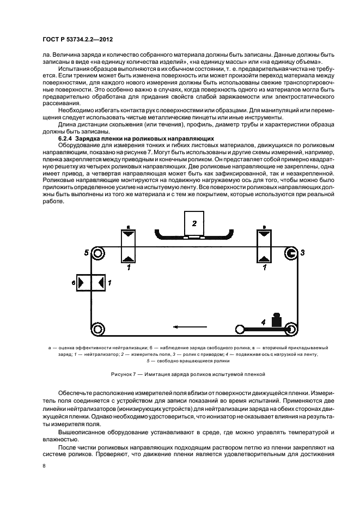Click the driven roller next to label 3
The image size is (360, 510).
click(x=291, y=253)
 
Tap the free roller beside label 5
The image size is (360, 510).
click(x=98, y=253)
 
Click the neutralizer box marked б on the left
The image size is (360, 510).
click(x=91, y=282)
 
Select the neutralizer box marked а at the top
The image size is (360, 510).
click(x=128, y=246)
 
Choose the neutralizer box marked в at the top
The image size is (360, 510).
click(x=264, y=246)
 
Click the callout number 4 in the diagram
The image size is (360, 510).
click(x=263, y=323)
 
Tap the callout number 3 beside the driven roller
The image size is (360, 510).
click(x=303, y=252)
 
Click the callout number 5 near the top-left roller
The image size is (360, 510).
click(x=87, y=252)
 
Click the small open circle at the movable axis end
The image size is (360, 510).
click(x=239, y=329)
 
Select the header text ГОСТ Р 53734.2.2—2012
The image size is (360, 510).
click(x=78, y=41)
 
